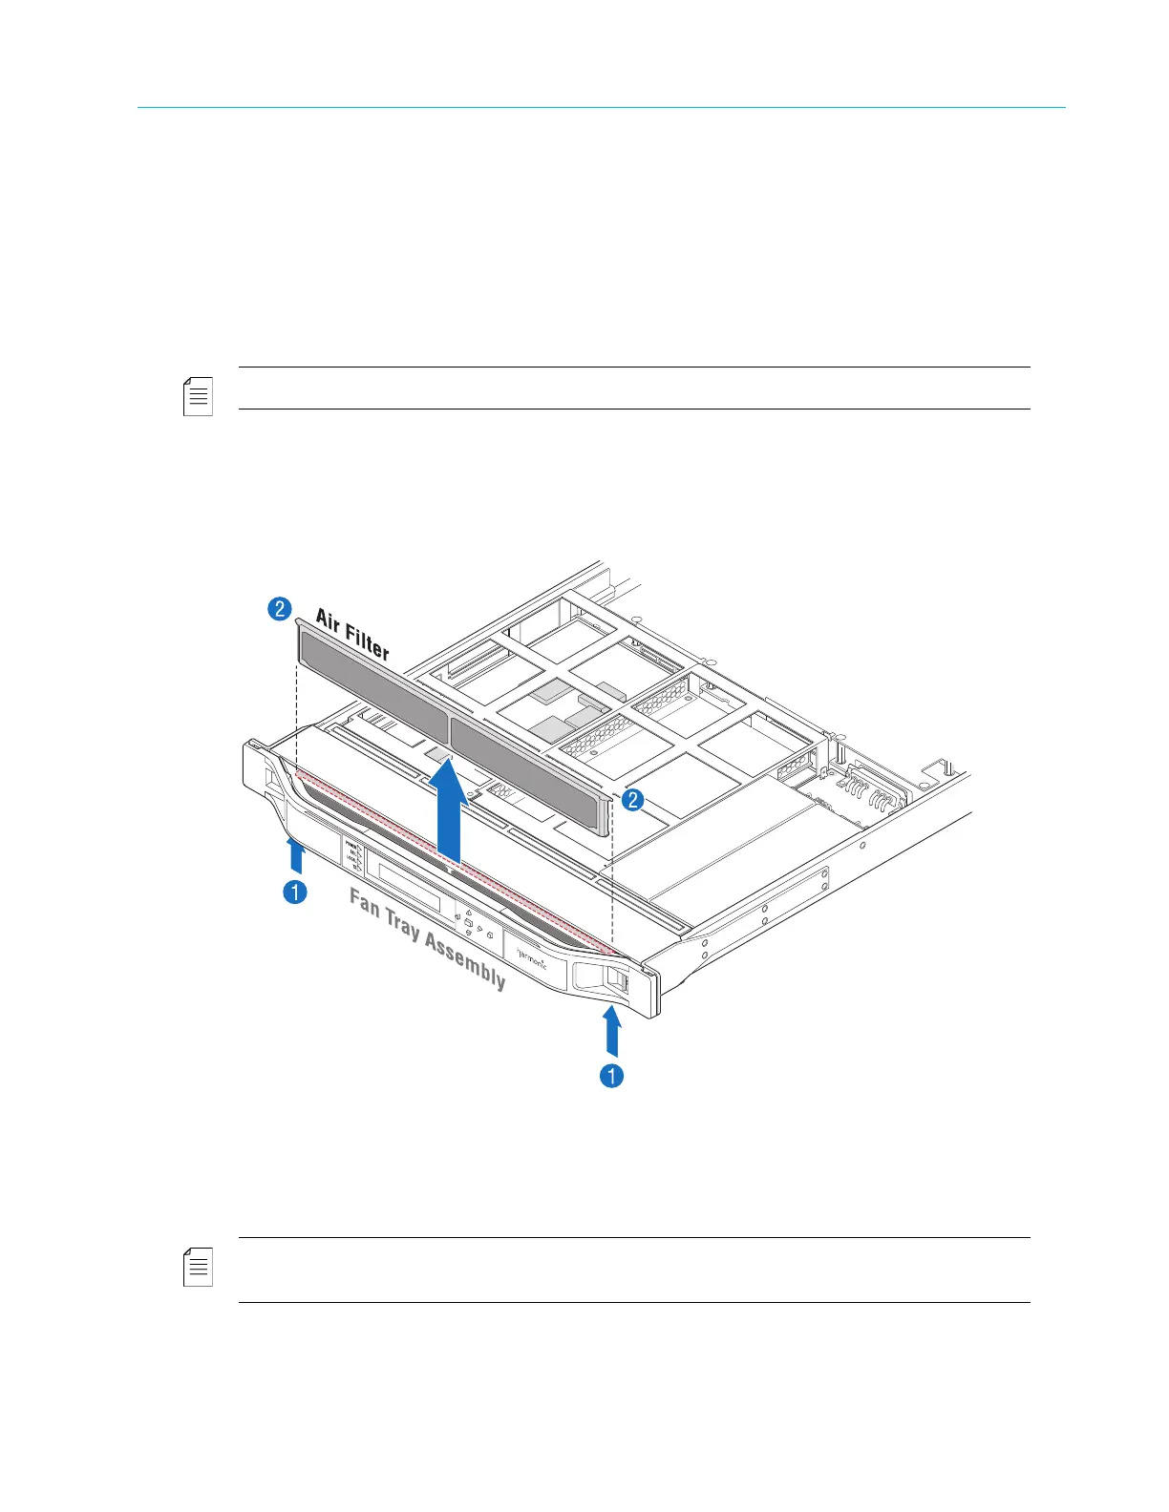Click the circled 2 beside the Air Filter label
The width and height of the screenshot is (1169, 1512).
click(x=279, y=608)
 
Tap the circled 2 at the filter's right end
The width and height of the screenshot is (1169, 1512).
click(x=632, y=800)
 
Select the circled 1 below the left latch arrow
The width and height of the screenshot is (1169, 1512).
click(x=296, y=892)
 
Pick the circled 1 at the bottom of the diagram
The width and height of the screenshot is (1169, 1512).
click(x=611, y=1076)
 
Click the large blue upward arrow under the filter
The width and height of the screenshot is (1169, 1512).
click(x=448, y=811)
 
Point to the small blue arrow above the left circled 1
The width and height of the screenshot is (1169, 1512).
click(x=296, y=855)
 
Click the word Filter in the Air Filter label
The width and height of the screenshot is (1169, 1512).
click(x=368, y=640)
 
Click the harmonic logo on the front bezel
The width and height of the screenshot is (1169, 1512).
click(x=532, y=955)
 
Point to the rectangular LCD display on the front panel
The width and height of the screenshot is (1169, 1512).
click(x=408, y=887)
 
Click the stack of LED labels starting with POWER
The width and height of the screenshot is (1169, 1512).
click(x=352, y=855)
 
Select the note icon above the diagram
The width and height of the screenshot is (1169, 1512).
click(x=198, y=396)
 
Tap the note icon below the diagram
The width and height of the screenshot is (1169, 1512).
click(x=198, y=1267)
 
